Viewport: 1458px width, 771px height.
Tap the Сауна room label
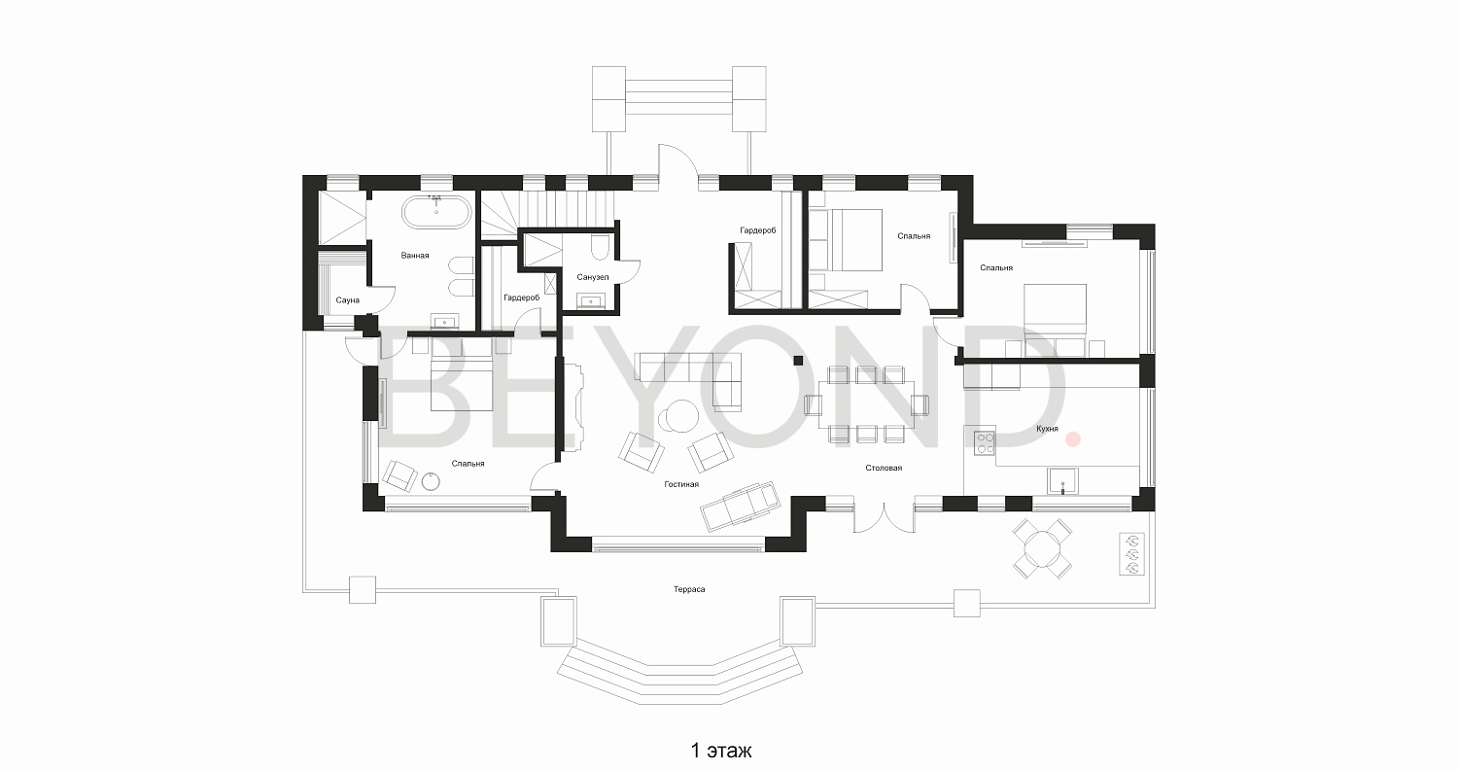(x=348, y=300)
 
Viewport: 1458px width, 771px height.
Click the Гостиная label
(x=681, y=484)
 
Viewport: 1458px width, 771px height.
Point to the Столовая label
(x=884, y=468)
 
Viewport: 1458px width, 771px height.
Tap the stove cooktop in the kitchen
(x=985, y=442)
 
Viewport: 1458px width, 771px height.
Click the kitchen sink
(x=1062, y=481)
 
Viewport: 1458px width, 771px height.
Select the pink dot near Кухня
(x=1073, y=439)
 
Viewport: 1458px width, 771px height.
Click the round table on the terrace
(x=1042, y=549)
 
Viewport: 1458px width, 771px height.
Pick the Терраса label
(x=689, y=589)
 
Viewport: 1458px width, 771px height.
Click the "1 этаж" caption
(x=720, y=751)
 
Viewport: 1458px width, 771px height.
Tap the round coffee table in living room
(x=677, y=415)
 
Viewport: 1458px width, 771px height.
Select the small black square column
(x=798, y=360)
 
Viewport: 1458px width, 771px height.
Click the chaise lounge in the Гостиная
(x=741, y=506)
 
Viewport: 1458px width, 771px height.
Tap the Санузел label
(x=593, y=277)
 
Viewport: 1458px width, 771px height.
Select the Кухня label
(x=1047, y=429)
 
